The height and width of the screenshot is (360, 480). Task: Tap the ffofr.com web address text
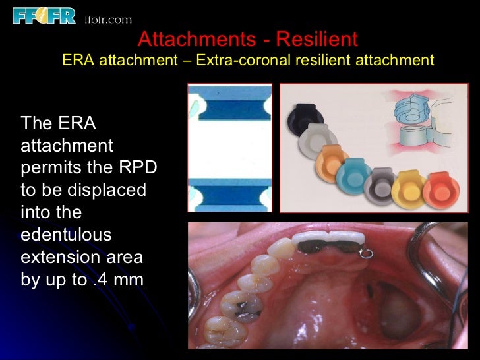108,20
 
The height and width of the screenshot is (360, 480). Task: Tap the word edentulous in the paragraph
67,235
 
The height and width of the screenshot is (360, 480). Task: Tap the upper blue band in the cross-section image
230,105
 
